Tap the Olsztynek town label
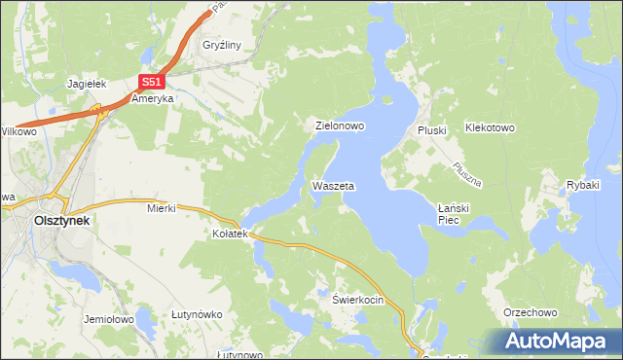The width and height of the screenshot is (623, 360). [x=61, y=221]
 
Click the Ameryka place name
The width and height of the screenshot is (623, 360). [x=152, y=99]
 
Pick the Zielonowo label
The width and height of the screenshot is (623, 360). [x=339, y=126]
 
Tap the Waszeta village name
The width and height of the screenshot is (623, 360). [x=333, y=185]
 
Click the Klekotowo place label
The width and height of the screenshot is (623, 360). [x=489, y=127]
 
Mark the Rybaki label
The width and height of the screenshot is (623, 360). [x=583, y=185]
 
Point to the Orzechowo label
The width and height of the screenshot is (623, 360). [x=530, y=312]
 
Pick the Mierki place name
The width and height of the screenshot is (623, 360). [x=160, y=207]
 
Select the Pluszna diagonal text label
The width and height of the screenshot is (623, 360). [x=464, y=169]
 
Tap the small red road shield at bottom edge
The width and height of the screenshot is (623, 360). [x=415, y=353]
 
